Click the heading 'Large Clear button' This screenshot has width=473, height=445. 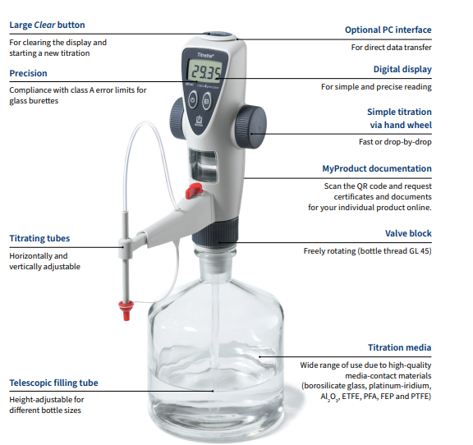[47, 25]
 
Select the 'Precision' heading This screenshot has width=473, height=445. [29, 73]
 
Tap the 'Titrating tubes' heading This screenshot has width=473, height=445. [39, 238]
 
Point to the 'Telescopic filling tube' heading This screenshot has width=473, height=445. [53, 383]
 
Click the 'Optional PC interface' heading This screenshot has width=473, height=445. [388, 30]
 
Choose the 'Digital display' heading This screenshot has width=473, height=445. [402, 70]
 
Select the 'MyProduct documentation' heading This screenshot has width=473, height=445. [377, 168]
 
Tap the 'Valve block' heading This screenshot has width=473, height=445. [408, 233]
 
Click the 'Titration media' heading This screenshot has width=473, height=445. [399, 347]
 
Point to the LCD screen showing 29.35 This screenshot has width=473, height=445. [204, 71]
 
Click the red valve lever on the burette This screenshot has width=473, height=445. [193, 191]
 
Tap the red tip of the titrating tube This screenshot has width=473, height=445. [126, 310]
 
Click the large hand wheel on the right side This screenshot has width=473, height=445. [250, 126]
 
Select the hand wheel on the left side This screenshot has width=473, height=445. [177, 118]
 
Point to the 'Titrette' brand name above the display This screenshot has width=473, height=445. [206, 55]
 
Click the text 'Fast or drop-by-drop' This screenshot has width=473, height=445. [395, 142]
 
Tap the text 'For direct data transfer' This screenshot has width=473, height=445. [391, 48]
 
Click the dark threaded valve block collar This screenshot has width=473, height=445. [215, 232]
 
